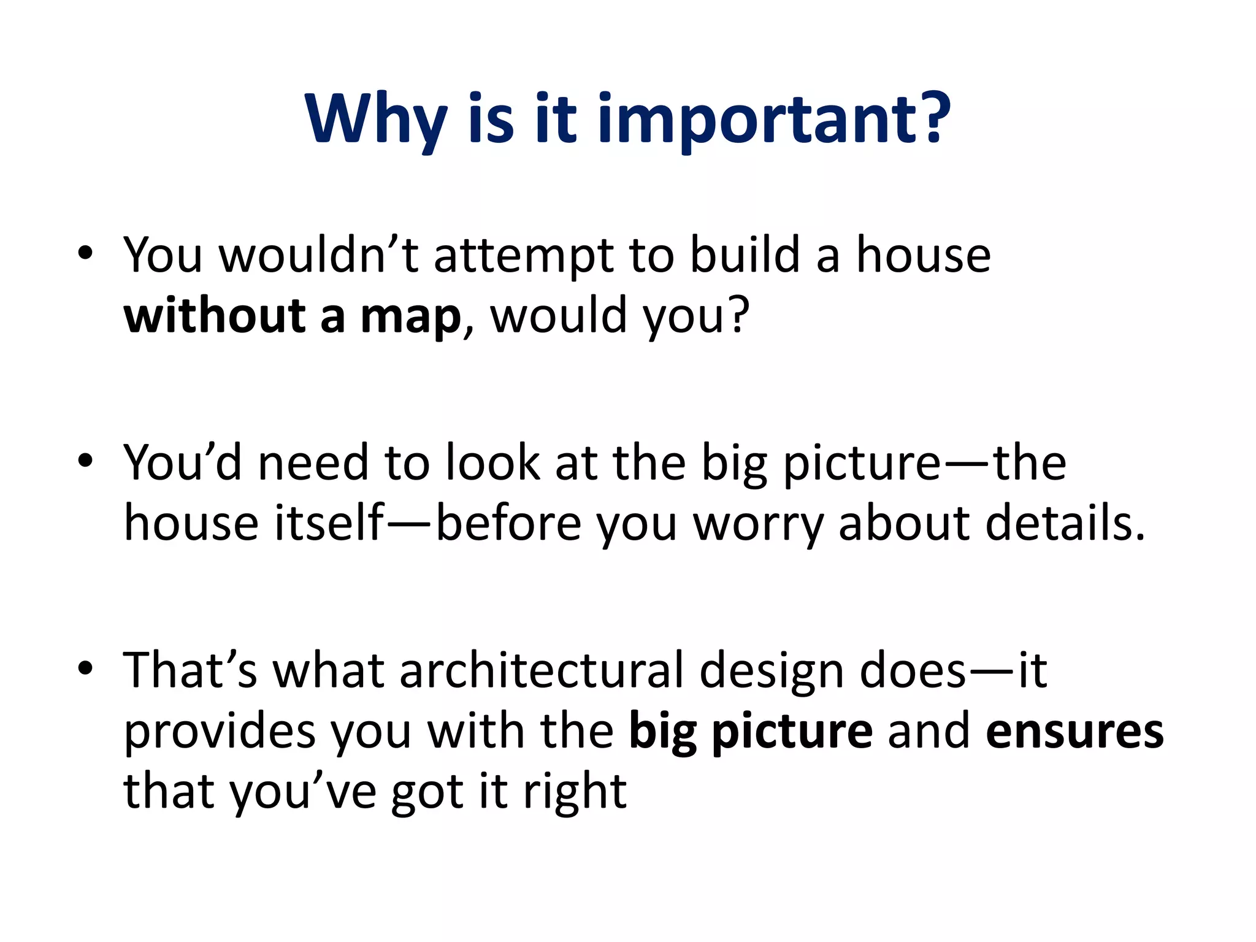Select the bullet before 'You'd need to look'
85,461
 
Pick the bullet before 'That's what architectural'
85,668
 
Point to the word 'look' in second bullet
492,462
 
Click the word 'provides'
220,732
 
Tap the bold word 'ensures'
1074,732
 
